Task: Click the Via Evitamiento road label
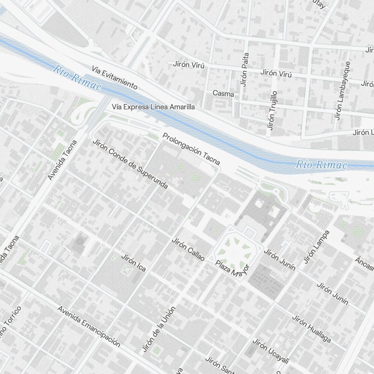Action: click(114, 78)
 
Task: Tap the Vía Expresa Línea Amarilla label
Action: click(153, 107)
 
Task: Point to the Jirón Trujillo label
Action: click(272, 110)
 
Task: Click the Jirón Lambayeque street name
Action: click(343, 91)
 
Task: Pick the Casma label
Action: click(223, 93)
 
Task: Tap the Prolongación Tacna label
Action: click(191, 148)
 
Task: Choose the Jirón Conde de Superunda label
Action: click(130, 163)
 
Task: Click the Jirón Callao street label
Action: click(188, 249)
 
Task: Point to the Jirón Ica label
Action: click(134, 263)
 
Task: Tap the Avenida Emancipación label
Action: click(89, 327)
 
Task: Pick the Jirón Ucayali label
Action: click(271, 351)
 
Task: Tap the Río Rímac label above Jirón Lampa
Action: click(321, 165)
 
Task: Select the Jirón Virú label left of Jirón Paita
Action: click(189, 64)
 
